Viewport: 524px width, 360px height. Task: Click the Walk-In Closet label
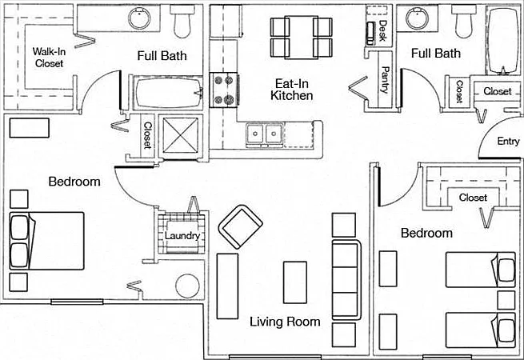[x=49, y=58]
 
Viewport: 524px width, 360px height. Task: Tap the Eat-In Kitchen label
[x=292, y=90]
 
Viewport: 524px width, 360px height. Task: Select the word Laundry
[x=182, y=236]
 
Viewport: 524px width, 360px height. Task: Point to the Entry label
[x=508, y=141]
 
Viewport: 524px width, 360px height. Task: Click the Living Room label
[x=285, y=322]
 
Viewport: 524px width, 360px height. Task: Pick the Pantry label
[x=385, y=80]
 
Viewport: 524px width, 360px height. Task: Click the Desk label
[x=383, y=30]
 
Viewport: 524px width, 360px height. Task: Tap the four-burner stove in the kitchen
[x=225, y=90]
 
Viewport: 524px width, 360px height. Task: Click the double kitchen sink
[x=265, y=134]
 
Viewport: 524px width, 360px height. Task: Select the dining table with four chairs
[x=301, y=38]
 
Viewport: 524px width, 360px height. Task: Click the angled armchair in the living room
[x=240, y=227]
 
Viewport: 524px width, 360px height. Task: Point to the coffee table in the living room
[x=295, y=282]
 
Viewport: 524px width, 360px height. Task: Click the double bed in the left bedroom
[x=46, y=241]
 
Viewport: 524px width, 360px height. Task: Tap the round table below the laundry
[x=188, y=286]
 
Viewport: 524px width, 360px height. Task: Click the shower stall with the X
[x=181, y=135]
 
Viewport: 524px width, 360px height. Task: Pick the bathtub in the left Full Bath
[x=168, y=93]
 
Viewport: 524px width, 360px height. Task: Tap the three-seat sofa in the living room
[x=346, y=280]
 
